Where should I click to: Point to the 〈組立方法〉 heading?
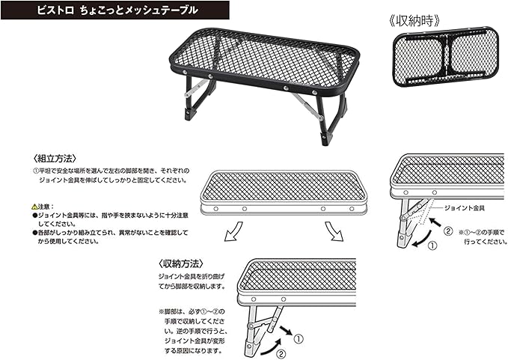(x=53, y=159)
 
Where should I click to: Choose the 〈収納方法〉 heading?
(x=183, y=263)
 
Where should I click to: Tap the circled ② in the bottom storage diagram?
(x=280, y=353)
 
